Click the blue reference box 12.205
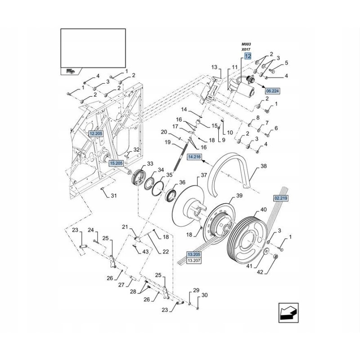coord(96,133)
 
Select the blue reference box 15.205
coord(115,163)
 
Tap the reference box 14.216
coord(193,157)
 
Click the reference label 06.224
coord(272,90)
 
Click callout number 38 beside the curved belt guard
coord(264,166)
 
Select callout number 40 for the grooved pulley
coord(263,210)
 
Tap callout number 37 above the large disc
coord(203,175)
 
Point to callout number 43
coord(145,252)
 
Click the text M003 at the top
coord(246,44)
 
